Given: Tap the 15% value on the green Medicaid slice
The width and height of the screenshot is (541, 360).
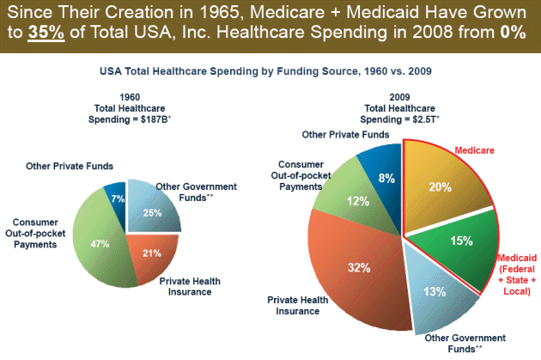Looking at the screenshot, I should [461, 242].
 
